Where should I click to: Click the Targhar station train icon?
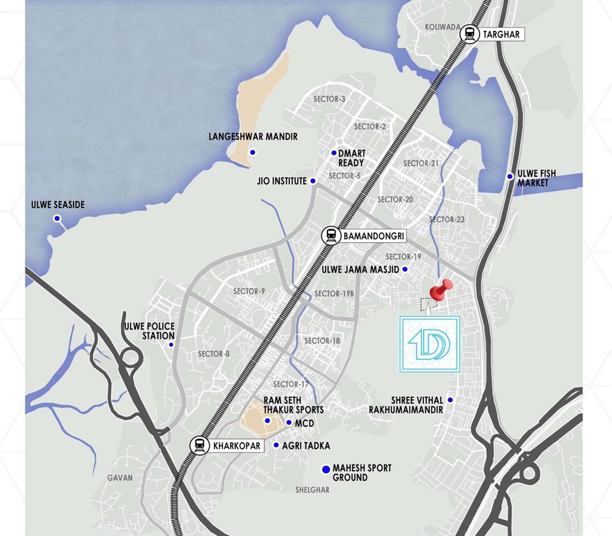(471, 33)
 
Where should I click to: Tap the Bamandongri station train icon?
(330, 236)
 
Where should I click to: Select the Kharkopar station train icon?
(199, 445)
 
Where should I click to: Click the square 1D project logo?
(429, 344)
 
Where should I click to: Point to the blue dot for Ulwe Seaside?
(58, 218)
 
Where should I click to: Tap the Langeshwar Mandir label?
(254, 137)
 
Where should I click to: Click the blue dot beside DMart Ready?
(333, 153)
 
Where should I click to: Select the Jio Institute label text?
(281, 181)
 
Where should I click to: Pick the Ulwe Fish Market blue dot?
(510, 178)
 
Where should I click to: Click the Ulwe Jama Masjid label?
(361, 269)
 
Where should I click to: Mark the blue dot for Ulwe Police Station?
(171, 345)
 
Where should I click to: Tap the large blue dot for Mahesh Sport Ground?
(326, 470)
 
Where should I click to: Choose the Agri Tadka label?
(305, 446)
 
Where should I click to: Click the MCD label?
(305, 423)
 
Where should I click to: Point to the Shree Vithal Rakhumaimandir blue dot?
(451, 400)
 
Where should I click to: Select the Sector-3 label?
(329, 99)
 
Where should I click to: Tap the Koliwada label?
(442, 27)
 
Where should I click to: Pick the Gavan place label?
(120, 478)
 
